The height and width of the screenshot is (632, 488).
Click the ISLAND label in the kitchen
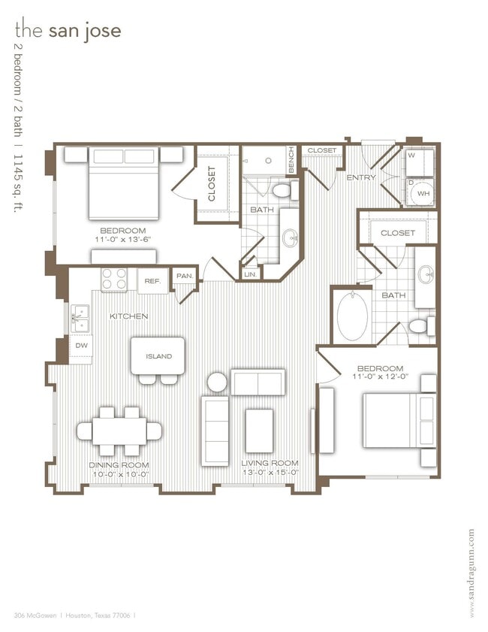158,356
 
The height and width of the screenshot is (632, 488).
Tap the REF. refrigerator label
152,281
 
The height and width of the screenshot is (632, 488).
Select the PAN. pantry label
185,276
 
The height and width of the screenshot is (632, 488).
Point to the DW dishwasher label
81,344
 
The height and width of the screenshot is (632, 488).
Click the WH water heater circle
423,193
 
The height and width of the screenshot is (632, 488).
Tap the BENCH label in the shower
291,160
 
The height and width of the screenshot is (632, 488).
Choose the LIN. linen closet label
250,275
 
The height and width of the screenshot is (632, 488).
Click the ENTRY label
360,177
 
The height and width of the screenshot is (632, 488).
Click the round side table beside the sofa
217,382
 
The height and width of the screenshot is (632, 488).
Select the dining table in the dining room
119,431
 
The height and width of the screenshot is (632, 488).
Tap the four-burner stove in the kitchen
114,280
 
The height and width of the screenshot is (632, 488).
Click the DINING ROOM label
119,464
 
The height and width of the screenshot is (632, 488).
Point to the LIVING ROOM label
270,462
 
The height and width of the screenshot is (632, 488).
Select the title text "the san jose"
68,31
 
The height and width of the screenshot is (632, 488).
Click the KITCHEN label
129,316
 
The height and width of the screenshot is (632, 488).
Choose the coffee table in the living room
259,430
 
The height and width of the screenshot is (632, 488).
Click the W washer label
411,156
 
